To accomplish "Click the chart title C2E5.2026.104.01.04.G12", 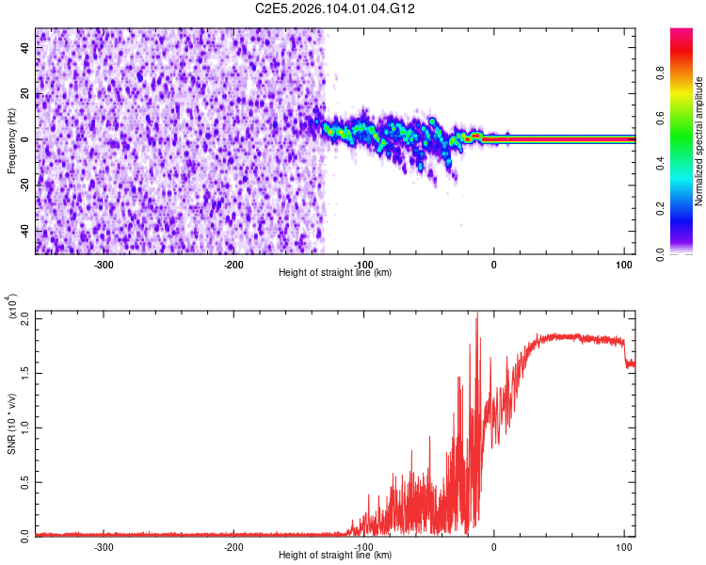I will click(x=336, y=8).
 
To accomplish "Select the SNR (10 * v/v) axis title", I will click(x=12, y=423).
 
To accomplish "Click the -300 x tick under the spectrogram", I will click(x=104, y=265).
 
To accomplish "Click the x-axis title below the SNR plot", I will click(x=336, y=556).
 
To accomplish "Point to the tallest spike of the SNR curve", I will click(x=476, y=315).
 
